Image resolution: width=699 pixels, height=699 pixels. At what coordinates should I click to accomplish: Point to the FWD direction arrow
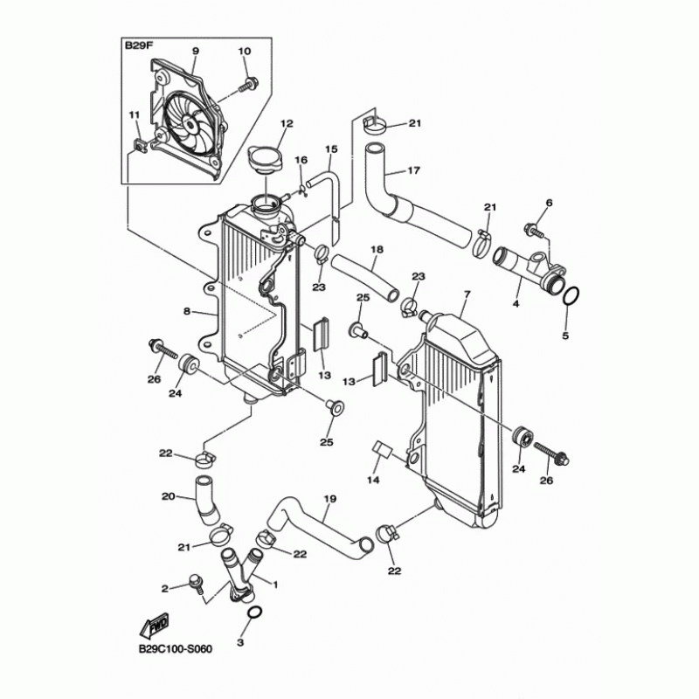point(154,626)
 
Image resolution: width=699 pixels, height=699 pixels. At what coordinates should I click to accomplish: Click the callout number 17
point(413,170)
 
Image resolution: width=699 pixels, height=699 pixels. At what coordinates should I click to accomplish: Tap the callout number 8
point(186,310)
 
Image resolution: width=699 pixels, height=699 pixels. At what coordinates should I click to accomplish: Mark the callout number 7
point(467,295)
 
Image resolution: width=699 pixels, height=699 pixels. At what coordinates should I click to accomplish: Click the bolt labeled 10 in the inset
point(251,84)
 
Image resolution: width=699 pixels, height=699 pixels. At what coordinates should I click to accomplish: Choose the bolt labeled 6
point(531,230)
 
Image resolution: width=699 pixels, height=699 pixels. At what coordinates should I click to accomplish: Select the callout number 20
point(168,497)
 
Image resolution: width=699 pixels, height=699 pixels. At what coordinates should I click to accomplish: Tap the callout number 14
point(373,480)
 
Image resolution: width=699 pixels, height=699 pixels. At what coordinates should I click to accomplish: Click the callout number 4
point(516,303)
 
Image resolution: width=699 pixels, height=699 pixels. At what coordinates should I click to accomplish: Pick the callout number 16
point(301,160)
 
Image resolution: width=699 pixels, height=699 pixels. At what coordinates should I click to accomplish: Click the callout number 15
point(331,149)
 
